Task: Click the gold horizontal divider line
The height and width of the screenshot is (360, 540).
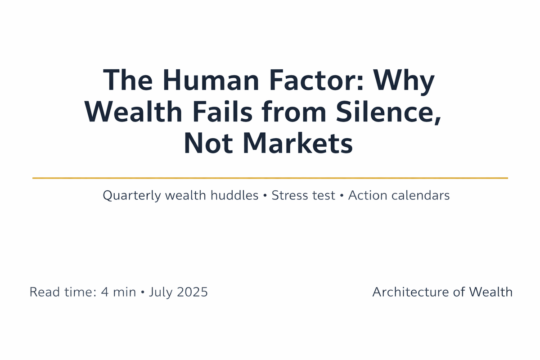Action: pos(270,178)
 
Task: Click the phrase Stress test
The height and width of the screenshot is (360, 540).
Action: pos(304,196)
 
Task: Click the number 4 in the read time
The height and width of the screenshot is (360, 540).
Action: pos(104,292)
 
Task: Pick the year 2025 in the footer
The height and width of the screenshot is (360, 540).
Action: pos(193,292)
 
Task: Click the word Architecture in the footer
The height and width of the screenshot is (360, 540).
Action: pos(410,292)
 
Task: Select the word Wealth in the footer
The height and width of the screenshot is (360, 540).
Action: pos(491,292)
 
